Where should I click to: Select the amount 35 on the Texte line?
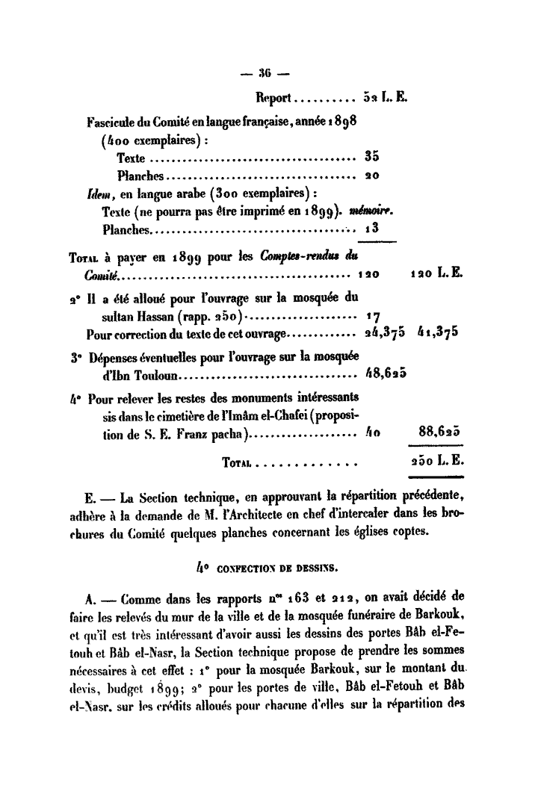[372, 157]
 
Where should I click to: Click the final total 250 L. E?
[437, 461]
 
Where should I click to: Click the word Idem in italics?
[97, 193]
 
